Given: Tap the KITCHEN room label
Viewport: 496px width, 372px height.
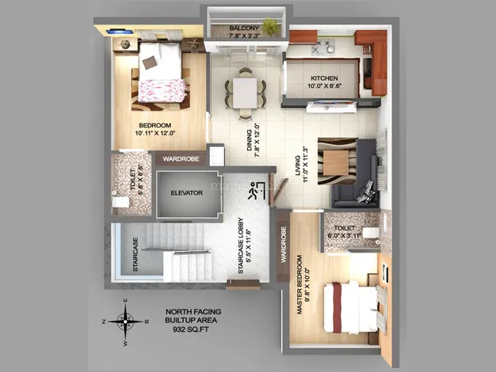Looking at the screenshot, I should click(324, 78).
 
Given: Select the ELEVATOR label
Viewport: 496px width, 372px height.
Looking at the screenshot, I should click(186, 192).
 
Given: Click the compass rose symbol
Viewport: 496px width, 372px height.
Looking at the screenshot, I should click(125, 321).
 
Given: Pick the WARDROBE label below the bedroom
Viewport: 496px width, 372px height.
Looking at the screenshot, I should click(181, 159).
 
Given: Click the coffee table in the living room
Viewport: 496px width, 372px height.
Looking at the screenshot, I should click(336, 163).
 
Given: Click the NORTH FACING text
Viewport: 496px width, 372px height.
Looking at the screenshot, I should click(193, 312).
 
